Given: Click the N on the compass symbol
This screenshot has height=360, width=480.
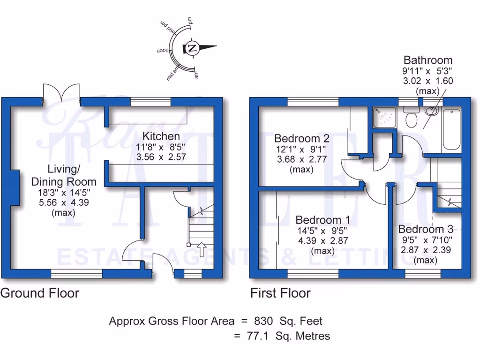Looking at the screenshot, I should [x=192, y=47].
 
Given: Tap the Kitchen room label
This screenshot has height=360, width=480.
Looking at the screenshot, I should [x=161, y=136].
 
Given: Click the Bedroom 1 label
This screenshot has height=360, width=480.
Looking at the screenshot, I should [x=323, y=220].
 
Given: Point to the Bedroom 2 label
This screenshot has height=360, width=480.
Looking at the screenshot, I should [x=302, y=138].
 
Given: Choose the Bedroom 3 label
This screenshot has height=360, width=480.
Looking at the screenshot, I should [x=426, y=229].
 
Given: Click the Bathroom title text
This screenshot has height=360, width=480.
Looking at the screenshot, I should [x=428, y=60].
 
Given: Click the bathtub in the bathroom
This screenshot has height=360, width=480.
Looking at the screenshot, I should [x=451, y=129].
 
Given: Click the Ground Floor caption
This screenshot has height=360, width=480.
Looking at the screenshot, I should [x=40, y=293].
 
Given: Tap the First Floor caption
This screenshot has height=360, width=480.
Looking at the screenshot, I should [x=280, y=293].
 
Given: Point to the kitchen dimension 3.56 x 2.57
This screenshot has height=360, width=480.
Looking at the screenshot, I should [x=161, y=157].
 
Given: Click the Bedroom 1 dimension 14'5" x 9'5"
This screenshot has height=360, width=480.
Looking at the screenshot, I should [x=323, y=231].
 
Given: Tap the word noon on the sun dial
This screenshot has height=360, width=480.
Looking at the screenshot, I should [x=162, y=49].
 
